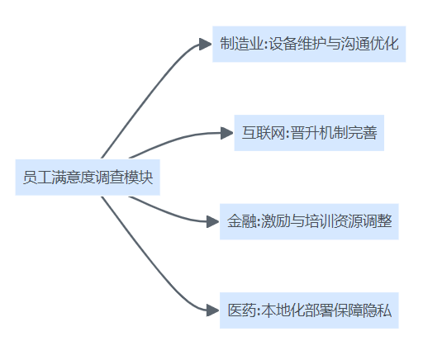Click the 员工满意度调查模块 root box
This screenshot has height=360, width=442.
coord(88,178)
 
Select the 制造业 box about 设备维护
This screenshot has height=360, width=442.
coord(309,44)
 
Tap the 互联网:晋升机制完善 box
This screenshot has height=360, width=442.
coord(309,133)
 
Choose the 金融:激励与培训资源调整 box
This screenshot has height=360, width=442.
coord(309,221)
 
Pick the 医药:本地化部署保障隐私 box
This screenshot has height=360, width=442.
coord(309,310)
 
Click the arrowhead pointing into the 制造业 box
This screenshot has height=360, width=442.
coord(206,45)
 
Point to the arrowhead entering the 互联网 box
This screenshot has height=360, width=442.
coord(227,133)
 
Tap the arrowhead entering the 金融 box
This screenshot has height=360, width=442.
coord(213,221)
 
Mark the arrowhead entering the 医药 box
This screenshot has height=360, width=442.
coord(213,310)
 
